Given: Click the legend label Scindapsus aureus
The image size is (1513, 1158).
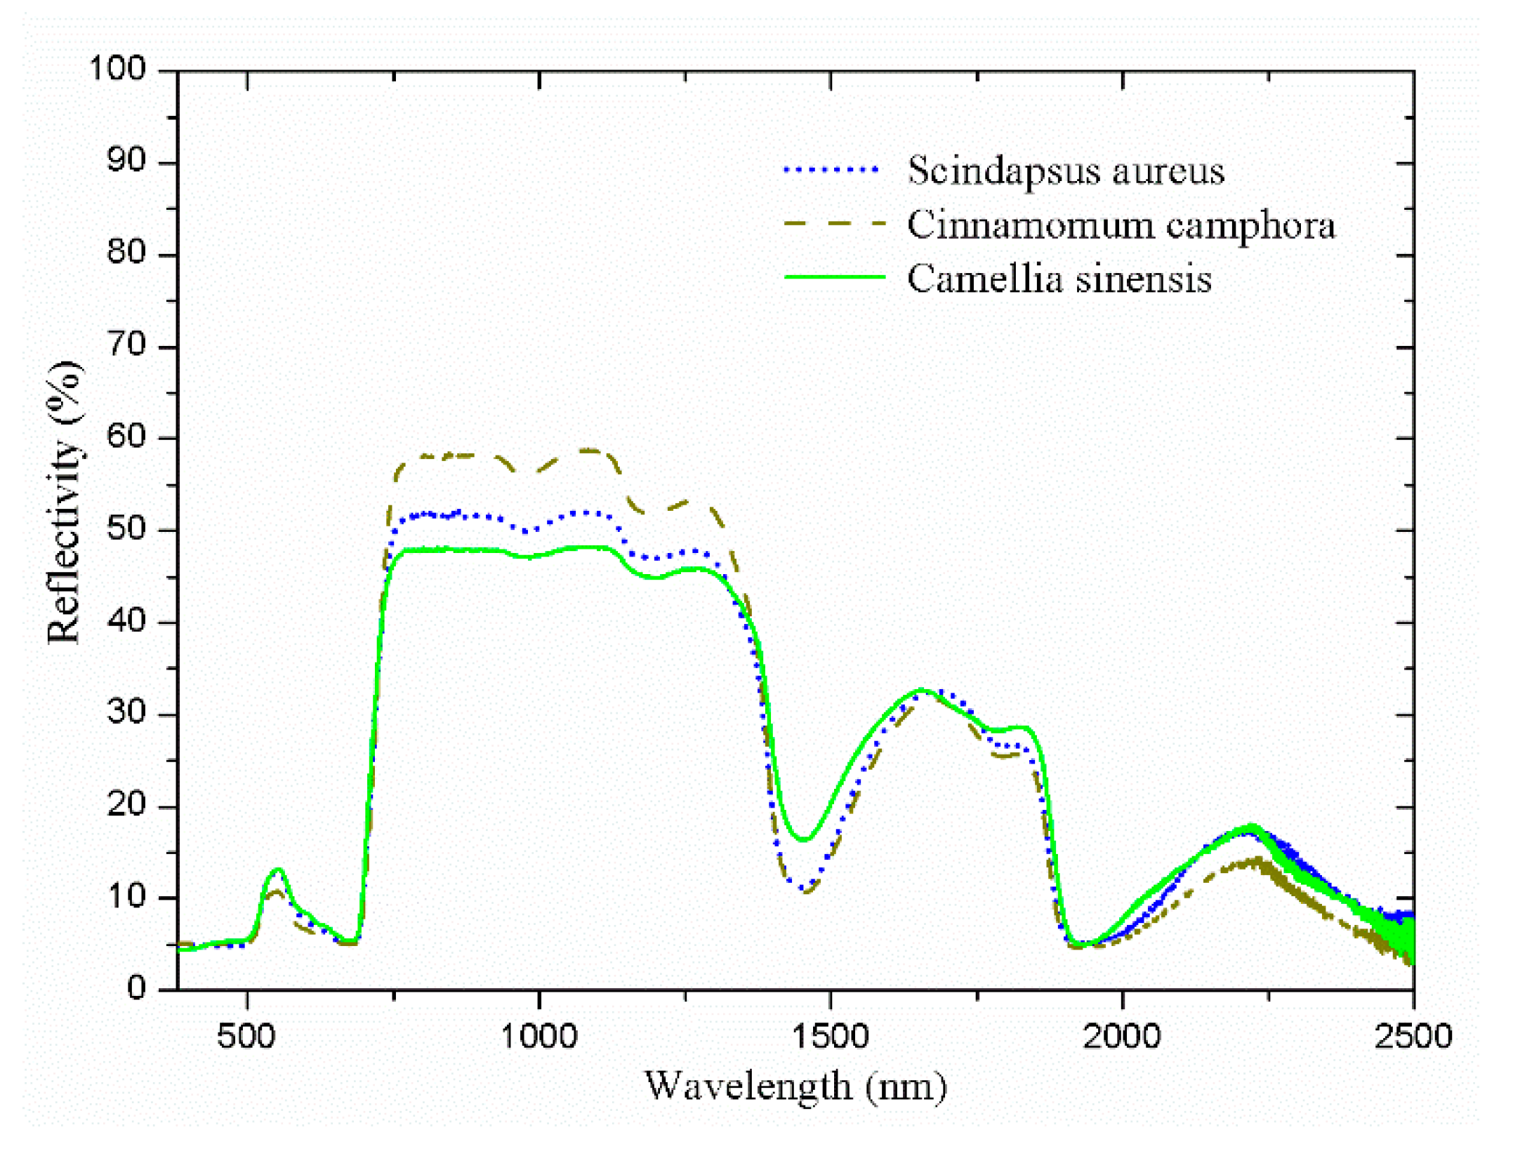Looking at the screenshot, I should point(1065,171).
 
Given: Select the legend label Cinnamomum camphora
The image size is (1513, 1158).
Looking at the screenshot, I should point(1121,225).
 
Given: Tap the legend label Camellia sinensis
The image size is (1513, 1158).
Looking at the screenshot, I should point(1059,279).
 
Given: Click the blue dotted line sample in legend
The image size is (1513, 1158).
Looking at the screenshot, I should point(831,169).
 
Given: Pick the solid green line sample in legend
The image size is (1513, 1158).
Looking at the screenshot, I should point(834,277).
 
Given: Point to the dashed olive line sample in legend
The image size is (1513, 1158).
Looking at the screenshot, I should point(834,224).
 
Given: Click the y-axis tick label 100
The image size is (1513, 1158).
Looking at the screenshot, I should point(117,69).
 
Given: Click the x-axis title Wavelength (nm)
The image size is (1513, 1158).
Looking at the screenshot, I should point(795,1087).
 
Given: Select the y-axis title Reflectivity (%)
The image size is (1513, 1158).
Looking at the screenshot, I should point(65,502).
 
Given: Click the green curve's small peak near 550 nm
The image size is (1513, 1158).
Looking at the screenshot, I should point(278,870).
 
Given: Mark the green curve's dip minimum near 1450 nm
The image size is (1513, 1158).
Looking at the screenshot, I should point(804,839).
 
